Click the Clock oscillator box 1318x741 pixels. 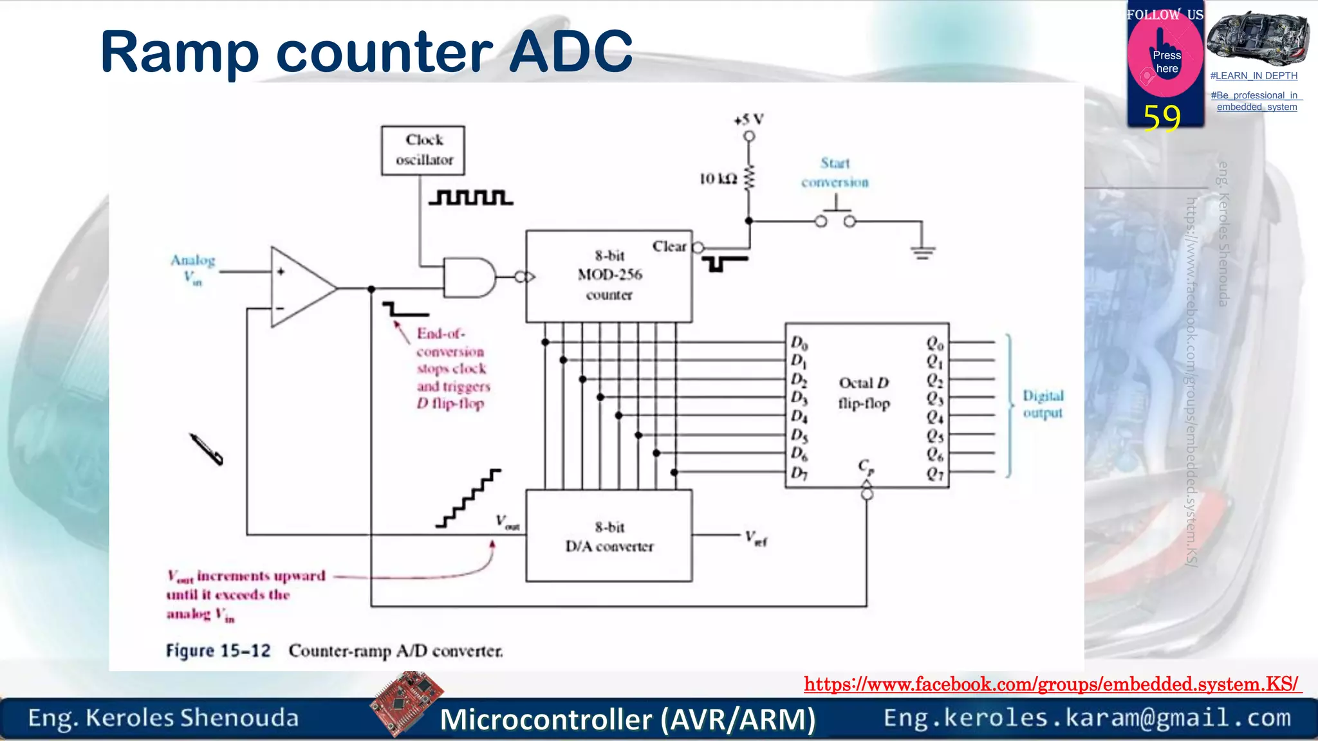(x=423, y=150)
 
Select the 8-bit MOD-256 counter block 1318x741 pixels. (x=609, y=276)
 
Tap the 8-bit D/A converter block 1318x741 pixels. (x=609, y=536)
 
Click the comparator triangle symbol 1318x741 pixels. (x=299, y=288)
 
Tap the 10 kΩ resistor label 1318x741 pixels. (x=718, y=179)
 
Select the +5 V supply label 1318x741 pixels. (x=748, y=120)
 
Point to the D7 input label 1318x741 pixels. (x=799, y=473)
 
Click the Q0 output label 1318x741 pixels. (x=934, y=343)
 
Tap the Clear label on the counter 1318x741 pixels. (x=669, y=246)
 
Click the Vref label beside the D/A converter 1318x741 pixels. (x=756, y=538)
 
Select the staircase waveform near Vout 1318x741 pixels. (x=469, y=498)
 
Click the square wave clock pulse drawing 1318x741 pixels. (x=470, y=197)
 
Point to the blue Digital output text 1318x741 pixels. (x=1043, y=404)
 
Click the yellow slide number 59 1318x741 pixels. (x=1162, y=118)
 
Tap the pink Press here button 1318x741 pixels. (x=1165, y=62)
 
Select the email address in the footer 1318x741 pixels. (x=1087, y=718)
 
